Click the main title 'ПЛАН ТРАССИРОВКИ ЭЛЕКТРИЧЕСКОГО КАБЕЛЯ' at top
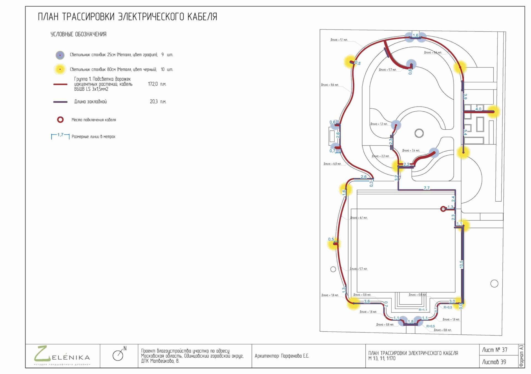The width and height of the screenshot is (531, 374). tap(127, 17)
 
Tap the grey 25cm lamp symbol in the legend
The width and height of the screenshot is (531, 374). tap(60, 55)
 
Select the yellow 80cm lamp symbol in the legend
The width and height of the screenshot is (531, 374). tap(60, 69)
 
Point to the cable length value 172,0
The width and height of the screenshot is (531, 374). tap(153, 84)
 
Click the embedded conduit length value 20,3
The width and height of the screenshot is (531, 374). tap(154, 102)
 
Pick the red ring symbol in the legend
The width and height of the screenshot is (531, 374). tap(60, 120)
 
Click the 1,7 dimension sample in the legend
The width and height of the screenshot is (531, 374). tap(60, 135)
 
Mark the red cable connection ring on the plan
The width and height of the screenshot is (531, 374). tap(443, 209)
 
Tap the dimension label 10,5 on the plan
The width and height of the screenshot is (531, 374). tap(461, 264)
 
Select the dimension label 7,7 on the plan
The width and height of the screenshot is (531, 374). tap(427, 188)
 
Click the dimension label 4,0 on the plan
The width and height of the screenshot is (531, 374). tap(478, 109)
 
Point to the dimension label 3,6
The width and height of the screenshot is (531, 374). tap(367, 301)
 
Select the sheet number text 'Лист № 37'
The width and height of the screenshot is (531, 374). tap(494, 350)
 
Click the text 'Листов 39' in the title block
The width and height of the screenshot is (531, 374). tap(494, 362)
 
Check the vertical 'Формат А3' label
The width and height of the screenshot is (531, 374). tap(521, 356)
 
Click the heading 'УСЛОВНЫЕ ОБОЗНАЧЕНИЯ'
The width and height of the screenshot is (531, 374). tap(78, 34)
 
